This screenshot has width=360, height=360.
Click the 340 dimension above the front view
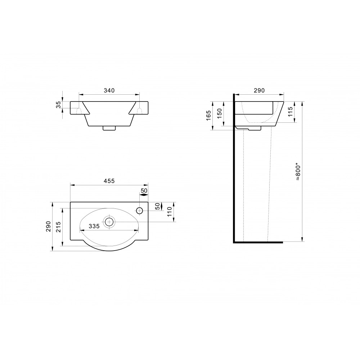[x=109, y=90]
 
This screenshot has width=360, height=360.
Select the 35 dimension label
[x=59, y=105]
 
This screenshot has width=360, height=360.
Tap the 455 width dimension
[x=109, y=181]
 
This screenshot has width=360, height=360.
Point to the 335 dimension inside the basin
[x=94, y=226]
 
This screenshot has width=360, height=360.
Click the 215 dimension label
[x=59, y=227]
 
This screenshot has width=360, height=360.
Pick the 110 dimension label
[x=170, y=212]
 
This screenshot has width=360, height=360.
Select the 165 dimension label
[x=208, y=116]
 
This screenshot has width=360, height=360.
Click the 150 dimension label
[x=220, y=113]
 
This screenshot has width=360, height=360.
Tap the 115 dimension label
[x=290, y=112]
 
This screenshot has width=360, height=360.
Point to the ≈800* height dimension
[x=298, y=171]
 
